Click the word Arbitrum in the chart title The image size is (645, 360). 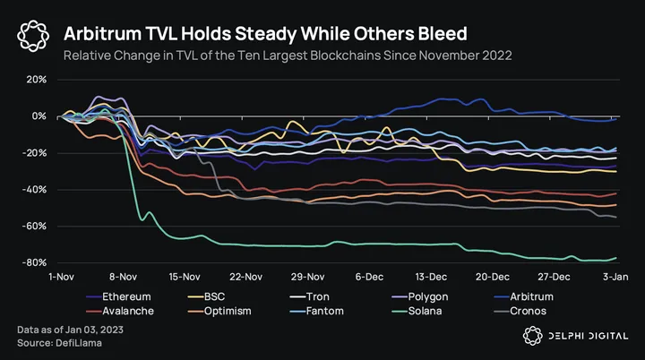pos(101,34)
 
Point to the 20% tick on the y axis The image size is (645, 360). pos(35,79)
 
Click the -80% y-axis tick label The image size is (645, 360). pos(33,263)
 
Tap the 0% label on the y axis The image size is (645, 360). pos(38,116)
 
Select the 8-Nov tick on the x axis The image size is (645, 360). pos(122,276)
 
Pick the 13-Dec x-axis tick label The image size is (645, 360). pos(433,276)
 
